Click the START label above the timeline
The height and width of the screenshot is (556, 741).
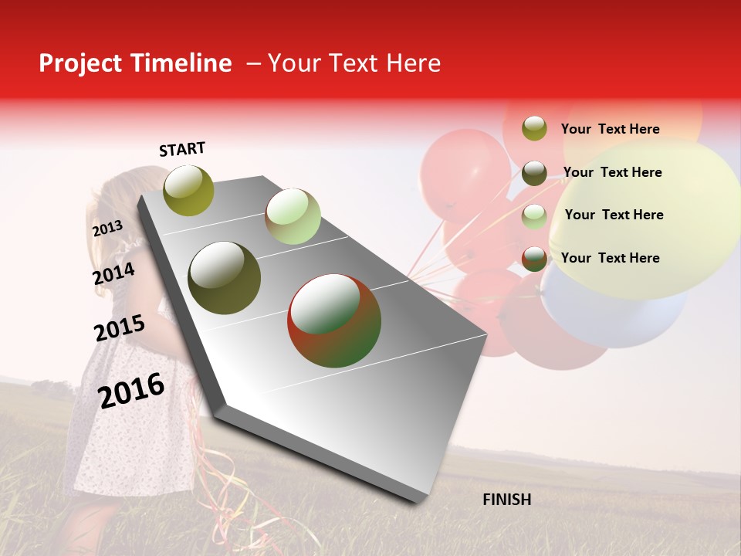(x=182, y=149)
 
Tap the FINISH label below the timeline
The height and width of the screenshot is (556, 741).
(x=506, y=500)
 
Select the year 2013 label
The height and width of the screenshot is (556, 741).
(x=107, y=229)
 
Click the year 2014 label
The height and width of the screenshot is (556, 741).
(x=113, y=274)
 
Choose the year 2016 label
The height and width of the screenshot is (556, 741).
(x=131, y=391)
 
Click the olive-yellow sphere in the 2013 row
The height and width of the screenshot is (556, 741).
(x=189, y=190)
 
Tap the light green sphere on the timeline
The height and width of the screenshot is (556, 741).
(x=293, y=215)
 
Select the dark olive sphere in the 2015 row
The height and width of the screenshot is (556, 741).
(x=225, y=278)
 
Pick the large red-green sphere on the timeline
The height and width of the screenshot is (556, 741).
(x=334, y=320)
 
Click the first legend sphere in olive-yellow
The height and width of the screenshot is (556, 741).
(x=534, y=128)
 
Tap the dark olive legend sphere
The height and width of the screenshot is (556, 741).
(x=534, y=173)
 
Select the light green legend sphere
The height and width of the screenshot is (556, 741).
(x=534, y=216)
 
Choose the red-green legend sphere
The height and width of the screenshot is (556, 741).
(x=534, y=259)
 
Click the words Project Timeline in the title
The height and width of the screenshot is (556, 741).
(x=135, y=63)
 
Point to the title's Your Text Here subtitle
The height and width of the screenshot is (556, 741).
(x=354, y=63)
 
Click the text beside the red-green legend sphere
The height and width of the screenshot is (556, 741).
(x=610, y=258)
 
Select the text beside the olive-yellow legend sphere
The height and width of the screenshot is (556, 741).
(x=610, y=129)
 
